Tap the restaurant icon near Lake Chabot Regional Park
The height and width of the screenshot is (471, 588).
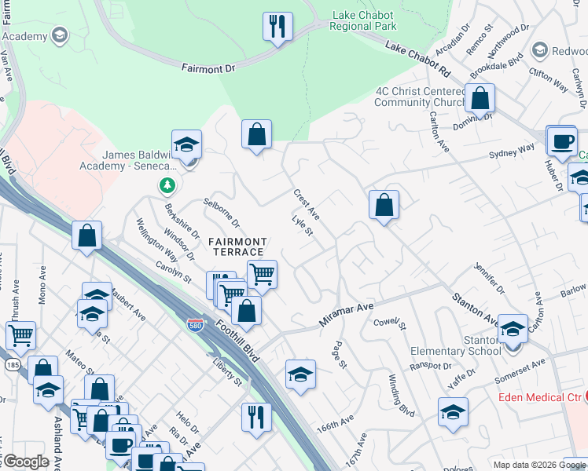click(277, 26)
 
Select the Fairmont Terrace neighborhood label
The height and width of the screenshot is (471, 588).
click(237, 246)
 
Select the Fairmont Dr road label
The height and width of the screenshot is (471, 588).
click(208, 69)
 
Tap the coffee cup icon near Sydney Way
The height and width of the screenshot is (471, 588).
click(561, 140)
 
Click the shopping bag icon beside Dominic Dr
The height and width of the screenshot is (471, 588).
click(480, 98)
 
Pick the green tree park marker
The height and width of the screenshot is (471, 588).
click(167, 186)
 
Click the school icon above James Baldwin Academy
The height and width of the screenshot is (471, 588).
click(186, 144)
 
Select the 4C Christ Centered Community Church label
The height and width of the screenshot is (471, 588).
click(419, 97)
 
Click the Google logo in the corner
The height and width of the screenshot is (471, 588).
click(26, 461)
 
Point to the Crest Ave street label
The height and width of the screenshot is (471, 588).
click(306, 204)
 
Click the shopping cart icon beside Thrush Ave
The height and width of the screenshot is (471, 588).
click(20, 335)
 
